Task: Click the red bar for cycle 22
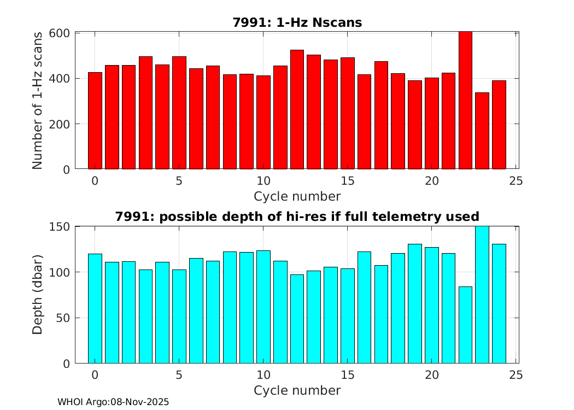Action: pos(465,101)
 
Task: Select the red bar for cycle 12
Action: pos(297,109)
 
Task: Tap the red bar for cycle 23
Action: pos(482,131)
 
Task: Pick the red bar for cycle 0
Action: pos(95,121)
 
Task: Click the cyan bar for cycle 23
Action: pos(482,295)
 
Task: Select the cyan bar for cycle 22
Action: pos(465,325)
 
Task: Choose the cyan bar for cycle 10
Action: pos(263,307)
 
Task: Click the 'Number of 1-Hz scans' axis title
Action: pos(37,101)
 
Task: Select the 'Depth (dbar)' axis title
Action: pos(37,295)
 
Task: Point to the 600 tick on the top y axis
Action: pos(60,33)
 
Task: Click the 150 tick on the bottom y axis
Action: pos(60,227)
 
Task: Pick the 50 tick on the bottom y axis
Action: pos(63,318)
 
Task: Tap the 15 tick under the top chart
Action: pos(347,181)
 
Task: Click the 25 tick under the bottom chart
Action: pos(516,375)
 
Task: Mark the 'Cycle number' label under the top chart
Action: pos(297,196)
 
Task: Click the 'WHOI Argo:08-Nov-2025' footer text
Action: pos(113,402)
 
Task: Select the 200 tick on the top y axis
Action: pos(60,124)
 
